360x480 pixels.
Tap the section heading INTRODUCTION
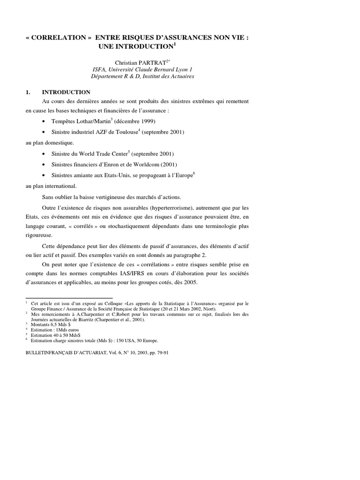pos(66,92)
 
